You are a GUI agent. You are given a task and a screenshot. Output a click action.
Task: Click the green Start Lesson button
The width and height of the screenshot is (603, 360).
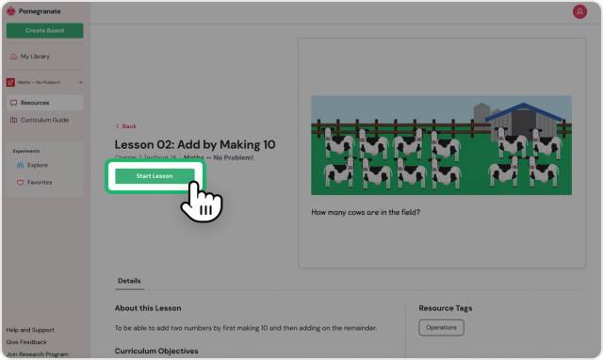(155, 175)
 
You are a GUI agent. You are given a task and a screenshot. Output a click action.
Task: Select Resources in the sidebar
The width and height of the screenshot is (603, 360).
(34, 103)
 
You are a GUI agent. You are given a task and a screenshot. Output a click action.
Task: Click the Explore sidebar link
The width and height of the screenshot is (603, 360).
(38, 165)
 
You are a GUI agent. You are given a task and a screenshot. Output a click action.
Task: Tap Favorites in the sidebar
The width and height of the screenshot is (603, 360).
(40, 182)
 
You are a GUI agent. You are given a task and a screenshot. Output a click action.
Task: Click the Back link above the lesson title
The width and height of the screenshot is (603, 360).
(126, 126)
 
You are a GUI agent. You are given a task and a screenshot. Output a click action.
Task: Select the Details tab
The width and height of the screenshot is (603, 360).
(129, 281)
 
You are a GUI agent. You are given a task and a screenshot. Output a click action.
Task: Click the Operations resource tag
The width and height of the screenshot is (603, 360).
(441, 327)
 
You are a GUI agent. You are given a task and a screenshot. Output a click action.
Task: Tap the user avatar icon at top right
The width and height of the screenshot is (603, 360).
(579, 11)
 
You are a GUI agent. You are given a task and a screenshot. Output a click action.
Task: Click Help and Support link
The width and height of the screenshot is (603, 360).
(30, 330)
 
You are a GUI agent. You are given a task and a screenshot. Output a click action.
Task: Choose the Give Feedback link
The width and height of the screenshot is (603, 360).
(26, 341)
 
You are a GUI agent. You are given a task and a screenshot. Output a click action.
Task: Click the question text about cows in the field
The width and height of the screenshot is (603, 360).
(366, 212)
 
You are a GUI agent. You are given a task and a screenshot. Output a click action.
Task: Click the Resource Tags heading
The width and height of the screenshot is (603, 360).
(446, 308)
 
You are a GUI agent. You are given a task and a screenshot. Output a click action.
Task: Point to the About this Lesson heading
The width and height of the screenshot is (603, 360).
(148, 308)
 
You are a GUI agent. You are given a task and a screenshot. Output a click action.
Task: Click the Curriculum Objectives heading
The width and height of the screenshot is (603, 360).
(156, 351)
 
